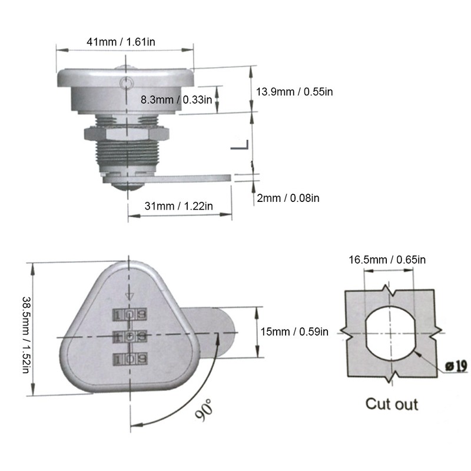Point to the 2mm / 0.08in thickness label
tap(288, 198)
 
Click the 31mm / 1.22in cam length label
tap(179, 205)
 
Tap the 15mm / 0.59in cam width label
tap(294, 332)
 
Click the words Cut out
tap(392, 404)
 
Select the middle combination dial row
tap(130, 336)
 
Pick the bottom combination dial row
tap(130, 358)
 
